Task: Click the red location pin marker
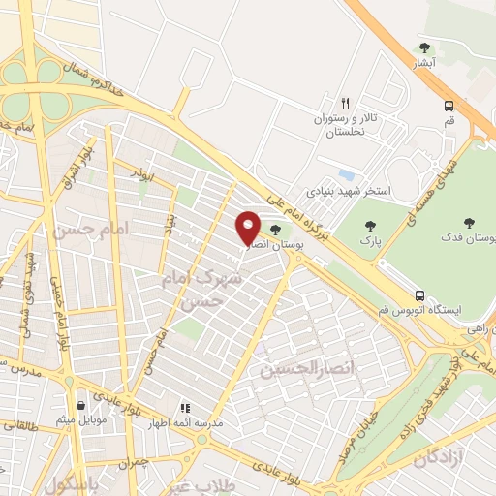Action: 249,227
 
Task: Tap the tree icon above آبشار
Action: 424,46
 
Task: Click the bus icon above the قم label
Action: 449,107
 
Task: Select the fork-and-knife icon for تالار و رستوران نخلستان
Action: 345,103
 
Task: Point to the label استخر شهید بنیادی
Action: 349,191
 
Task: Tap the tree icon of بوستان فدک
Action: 469,224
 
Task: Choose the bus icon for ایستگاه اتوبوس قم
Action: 419,294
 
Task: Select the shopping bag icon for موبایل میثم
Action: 80,406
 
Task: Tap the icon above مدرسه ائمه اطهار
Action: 185,409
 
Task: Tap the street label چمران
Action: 138,462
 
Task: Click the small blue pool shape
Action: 346,174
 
